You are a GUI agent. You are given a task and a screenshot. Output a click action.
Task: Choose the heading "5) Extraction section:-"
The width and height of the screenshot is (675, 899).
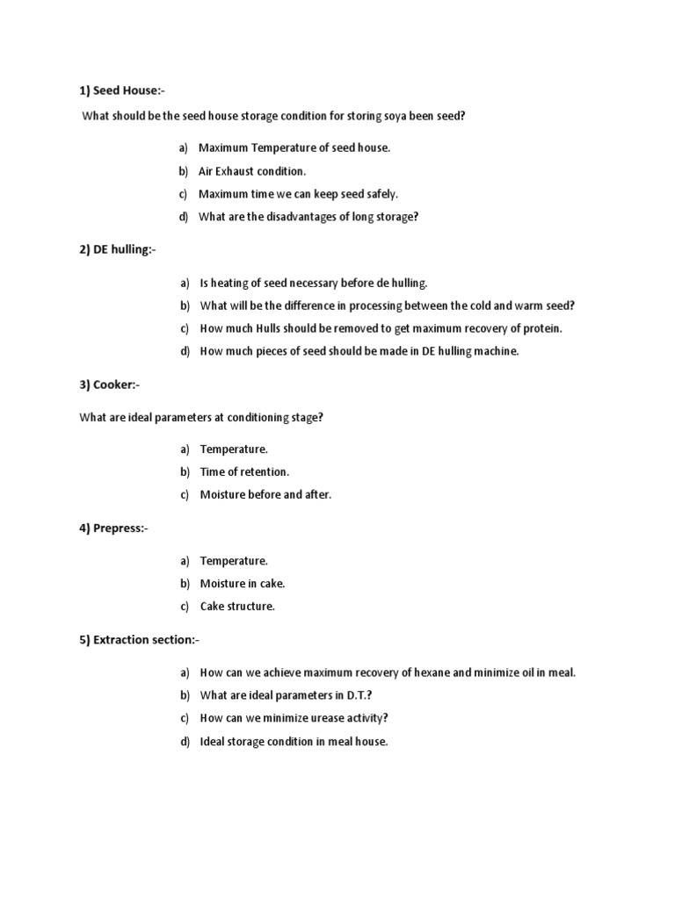[140, 640]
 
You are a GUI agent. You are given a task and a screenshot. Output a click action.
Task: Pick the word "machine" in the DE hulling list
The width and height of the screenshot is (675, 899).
[497, 351]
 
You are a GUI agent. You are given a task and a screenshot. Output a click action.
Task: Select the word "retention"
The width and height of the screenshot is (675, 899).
[265, 471]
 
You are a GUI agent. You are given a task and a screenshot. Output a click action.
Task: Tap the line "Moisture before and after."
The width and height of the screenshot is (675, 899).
[265, 494]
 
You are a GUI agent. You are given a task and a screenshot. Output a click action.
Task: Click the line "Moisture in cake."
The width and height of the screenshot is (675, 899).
[243, 583]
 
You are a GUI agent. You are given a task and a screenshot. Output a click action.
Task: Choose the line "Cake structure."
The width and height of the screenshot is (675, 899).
[237, 606]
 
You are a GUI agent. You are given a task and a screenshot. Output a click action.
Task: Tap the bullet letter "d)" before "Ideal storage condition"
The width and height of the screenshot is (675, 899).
[185, 741]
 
